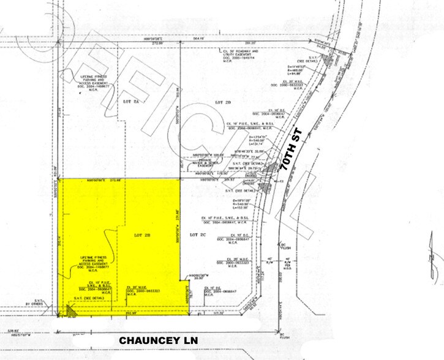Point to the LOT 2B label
click(143, 233)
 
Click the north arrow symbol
click(434, 257)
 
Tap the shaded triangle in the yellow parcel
click(71, 313)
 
